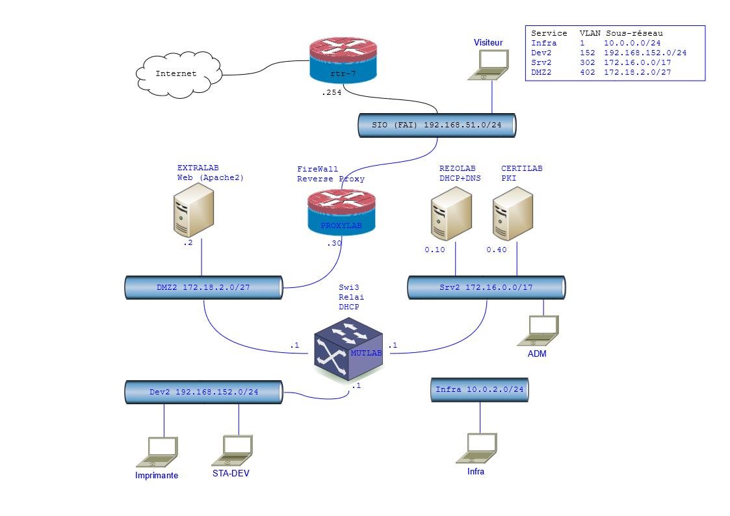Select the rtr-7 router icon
pos(342,60)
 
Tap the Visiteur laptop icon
pos(489,65)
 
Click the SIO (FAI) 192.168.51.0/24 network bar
pos(437,125)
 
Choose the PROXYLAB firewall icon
pos(342,213)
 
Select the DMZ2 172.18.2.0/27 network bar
pos(203,287)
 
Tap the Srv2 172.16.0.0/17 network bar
pos(486,287)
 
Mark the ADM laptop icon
pos(538,330)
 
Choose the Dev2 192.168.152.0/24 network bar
pos(203,392)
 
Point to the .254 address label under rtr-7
pos(331,94)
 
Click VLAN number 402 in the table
pos(588,72)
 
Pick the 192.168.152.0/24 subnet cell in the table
pos(645,53)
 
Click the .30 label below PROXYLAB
pos(333,244)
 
